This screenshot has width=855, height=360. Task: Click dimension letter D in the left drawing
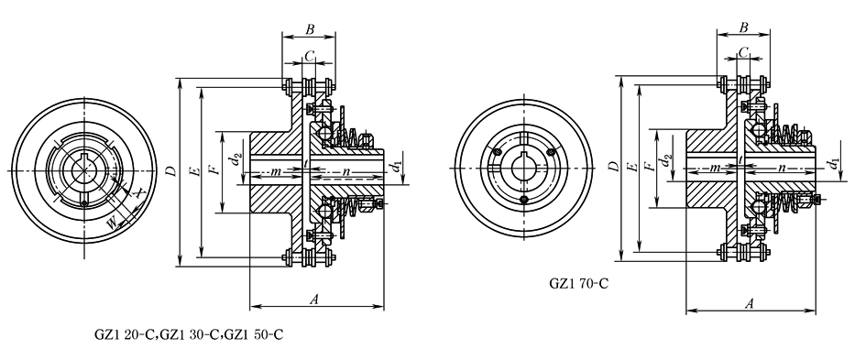coord(171,171)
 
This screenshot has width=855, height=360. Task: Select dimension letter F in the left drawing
coord(216,169)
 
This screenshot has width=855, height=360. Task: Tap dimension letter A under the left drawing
coord(314,299)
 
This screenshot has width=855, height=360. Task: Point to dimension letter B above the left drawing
coord(310,29)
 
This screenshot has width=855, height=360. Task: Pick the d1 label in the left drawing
coord(391,165)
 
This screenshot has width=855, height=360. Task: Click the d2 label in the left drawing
coord(235,159)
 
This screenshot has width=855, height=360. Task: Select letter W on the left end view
coord(113,222)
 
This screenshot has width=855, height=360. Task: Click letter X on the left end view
coord(140,192)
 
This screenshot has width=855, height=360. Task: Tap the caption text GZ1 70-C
coord(578,284)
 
